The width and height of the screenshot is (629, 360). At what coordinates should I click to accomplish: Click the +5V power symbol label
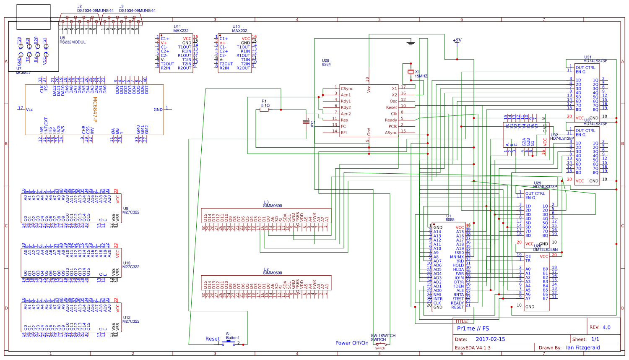pyautogui.click(x=457, y=40)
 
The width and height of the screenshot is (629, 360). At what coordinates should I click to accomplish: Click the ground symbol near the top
pyautogui.click(x=411, y=42)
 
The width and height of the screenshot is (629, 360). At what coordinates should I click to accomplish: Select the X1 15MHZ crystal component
pyautogui.click(x=411, y=72)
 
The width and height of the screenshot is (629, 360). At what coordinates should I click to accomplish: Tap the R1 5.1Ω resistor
pyautogui.click(x=265, y=110)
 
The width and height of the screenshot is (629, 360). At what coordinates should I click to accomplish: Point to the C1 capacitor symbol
pyautogui.click(x=306, y=122)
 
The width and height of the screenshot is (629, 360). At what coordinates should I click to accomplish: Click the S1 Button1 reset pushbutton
pyautogui.click(x=229, y=342)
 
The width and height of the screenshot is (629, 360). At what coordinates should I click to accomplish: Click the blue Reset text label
pyautogui.click(x=212, y=339)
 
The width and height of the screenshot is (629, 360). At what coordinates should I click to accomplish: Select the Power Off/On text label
pyautogui.click(x=352, y=343)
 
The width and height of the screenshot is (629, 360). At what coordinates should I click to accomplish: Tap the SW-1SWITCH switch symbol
pyautogui.click(x=380, y=344)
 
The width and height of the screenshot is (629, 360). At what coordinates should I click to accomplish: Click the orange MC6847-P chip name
pyautogui.click(x=95, y=110)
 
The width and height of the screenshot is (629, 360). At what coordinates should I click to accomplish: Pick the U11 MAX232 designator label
pyautogui.click(x=181, y=29)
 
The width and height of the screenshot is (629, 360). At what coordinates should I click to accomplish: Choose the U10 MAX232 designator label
pyautogui.click(x=239, y=29)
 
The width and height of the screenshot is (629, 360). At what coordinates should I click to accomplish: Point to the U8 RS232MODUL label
pyautogui.click(x=72, y=40)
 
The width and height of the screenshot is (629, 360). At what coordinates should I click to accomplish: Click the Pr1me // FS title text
pyautogui.click(x=473, y=329)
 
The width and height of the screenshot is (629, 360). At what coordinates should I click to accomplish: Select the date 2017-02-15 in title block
pyautogui.click(x=490, y=339)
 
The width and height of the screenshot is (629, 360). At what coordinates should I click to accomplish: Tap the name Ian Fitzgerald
pyautogui.click(x=582, y=348)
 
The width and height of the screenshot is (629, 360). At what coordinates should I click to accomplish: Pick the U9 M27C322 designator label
pyautogui.click(x=131, y=211)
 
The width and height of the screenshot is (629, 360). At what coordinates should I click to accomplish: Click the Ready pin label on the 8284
pyautogui.click(x=390, y=120)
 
